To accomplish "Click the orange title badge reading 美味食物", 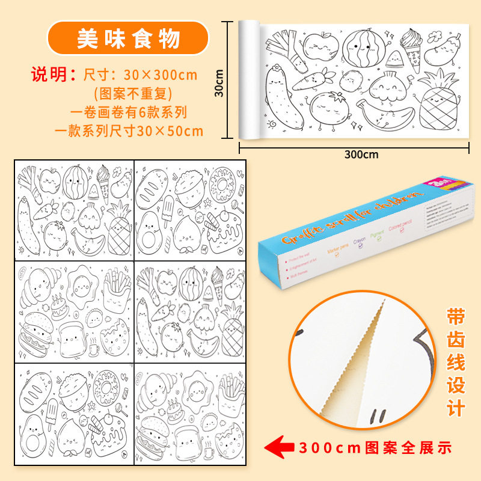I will (127, 39).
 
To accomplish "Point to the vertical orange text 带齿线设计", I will (455, 363).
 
